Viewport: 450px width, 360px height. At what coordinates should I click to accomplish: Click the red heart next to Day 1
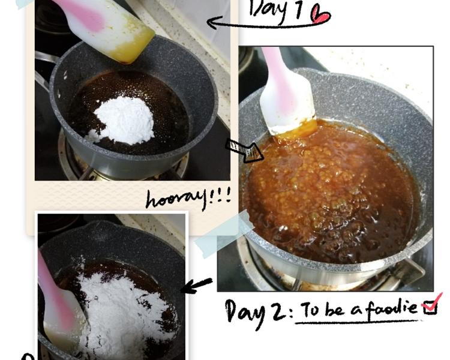[321, 14]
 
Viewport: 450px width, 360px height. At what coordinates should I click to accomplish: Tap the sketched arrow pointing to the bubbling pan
[245, 151]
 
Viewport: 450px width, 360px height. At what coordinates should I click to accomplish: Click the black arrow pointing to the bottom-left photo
[197, 285]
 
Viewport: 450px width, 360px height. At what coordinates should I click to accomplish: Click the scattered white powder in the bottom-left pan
[121, 310]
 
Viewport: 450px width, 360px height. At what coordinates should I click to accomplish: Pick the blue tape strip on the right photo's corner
[224, 233]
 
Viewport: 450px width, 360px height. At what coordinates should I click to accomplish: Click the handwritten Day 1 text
[276, 10]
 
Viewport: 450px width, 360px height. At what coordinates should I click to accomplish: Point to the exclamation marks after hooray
[220, 196]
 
